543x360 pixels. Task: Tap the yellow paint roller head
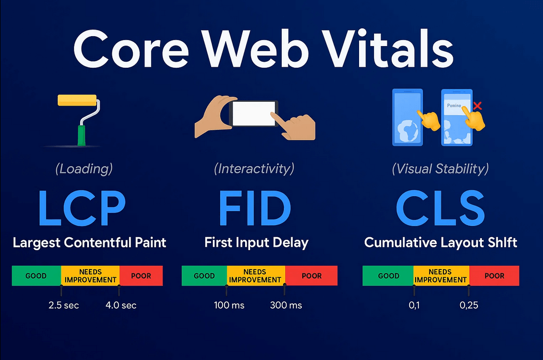pos(78,101)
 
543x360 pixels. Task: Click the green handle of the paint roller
pos(81,136)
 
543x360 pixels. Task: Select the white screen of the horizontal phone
pos(253,114)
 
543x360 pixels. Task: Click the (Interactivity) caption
pos(254,168)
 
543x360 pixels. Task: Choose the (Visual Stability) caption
pos(440,168)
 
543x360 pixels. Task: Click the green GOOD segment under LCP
pos(36,276)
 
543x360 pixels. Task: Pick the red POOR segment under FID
pos(311,276)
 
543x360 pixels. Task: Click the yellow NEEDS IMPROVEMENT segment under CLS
pos(441,276)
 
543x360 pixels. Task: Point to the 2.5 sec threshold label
pos(64,306)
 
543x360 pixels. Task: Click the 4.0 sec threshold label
pos(121,306)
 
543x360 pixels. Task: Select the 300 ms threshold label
pos(286,306)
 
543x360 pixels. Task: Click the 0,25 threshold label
pos(469,306)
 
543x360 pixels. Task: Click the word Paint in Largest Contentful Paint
pos(148,243)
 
